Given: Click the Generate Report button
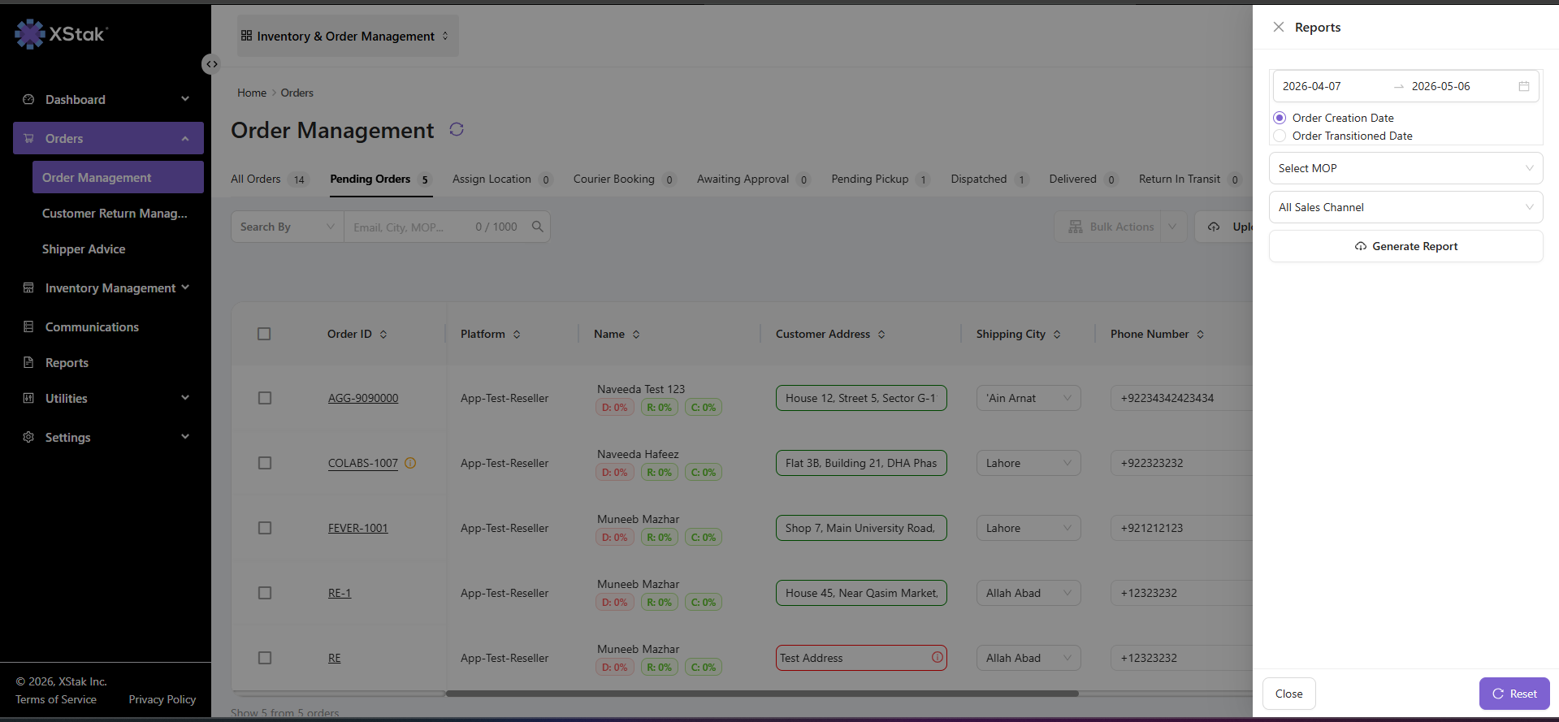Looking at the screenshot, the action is click(x=1405, y=246).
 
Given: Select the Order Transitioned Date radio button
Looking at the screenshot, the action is click(x=1280, y=136).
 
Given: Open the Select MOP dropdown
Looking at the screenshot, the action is click(x=1405, y=168).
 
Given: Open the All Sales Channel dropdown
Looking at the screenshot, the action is click(x=1405, y=207).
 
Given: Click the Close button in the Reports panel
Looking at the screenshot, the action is click(x=1288, y=694).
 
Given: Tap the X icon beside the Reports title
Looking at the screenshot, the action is click(x=1279, y=27).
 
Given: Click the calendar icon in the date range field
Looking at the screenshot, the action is click(x=1524, y=86).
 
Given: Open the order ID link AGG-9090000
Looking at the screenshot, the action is click(x=363, y=398).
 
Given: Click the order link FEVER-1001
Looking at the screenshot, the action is click(x=358, y=528).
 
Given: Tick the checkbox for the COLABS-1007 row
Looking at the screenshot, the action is click(x=265, y=463).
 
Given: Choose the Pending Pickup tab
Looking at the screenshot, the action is click(x=870, y=179).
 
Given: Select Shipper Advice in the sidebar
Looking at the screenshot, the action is click(x=84, y=249).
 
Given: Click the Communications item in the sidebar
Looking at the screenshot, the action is click(x=92, y=327).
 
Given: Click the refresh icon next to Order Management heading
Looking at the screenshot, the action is click(x=457, y=130).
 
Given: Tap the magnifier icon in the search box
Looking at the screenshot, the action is click(x=537, y=227).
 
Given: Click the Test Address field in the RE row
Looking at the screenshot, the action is click(x=861, y=658).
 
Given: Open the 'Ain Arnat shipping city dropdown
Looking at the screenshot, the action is click(x=1029, y=398).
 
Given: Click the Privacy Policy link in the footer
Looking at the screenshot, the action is click(x=162, y=699).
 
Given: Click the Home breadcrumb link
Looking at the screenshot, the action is click(x=252, y=93).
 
